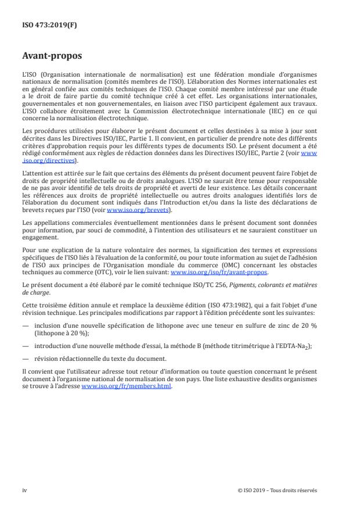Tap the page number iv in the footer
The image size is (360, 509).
coord(24,490)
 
